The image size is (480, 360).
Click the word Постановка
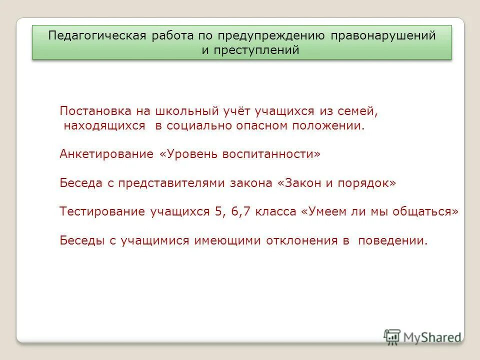(90, 111)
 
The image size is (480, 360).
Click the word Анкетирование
(106, 154)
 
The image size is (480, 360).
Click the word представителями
(172, 183)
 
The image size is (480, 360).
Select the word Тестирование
(102, 211)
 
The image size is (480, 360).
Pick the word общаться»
(428, 211)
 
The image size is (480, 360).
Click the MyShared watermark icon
(392, 337)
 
